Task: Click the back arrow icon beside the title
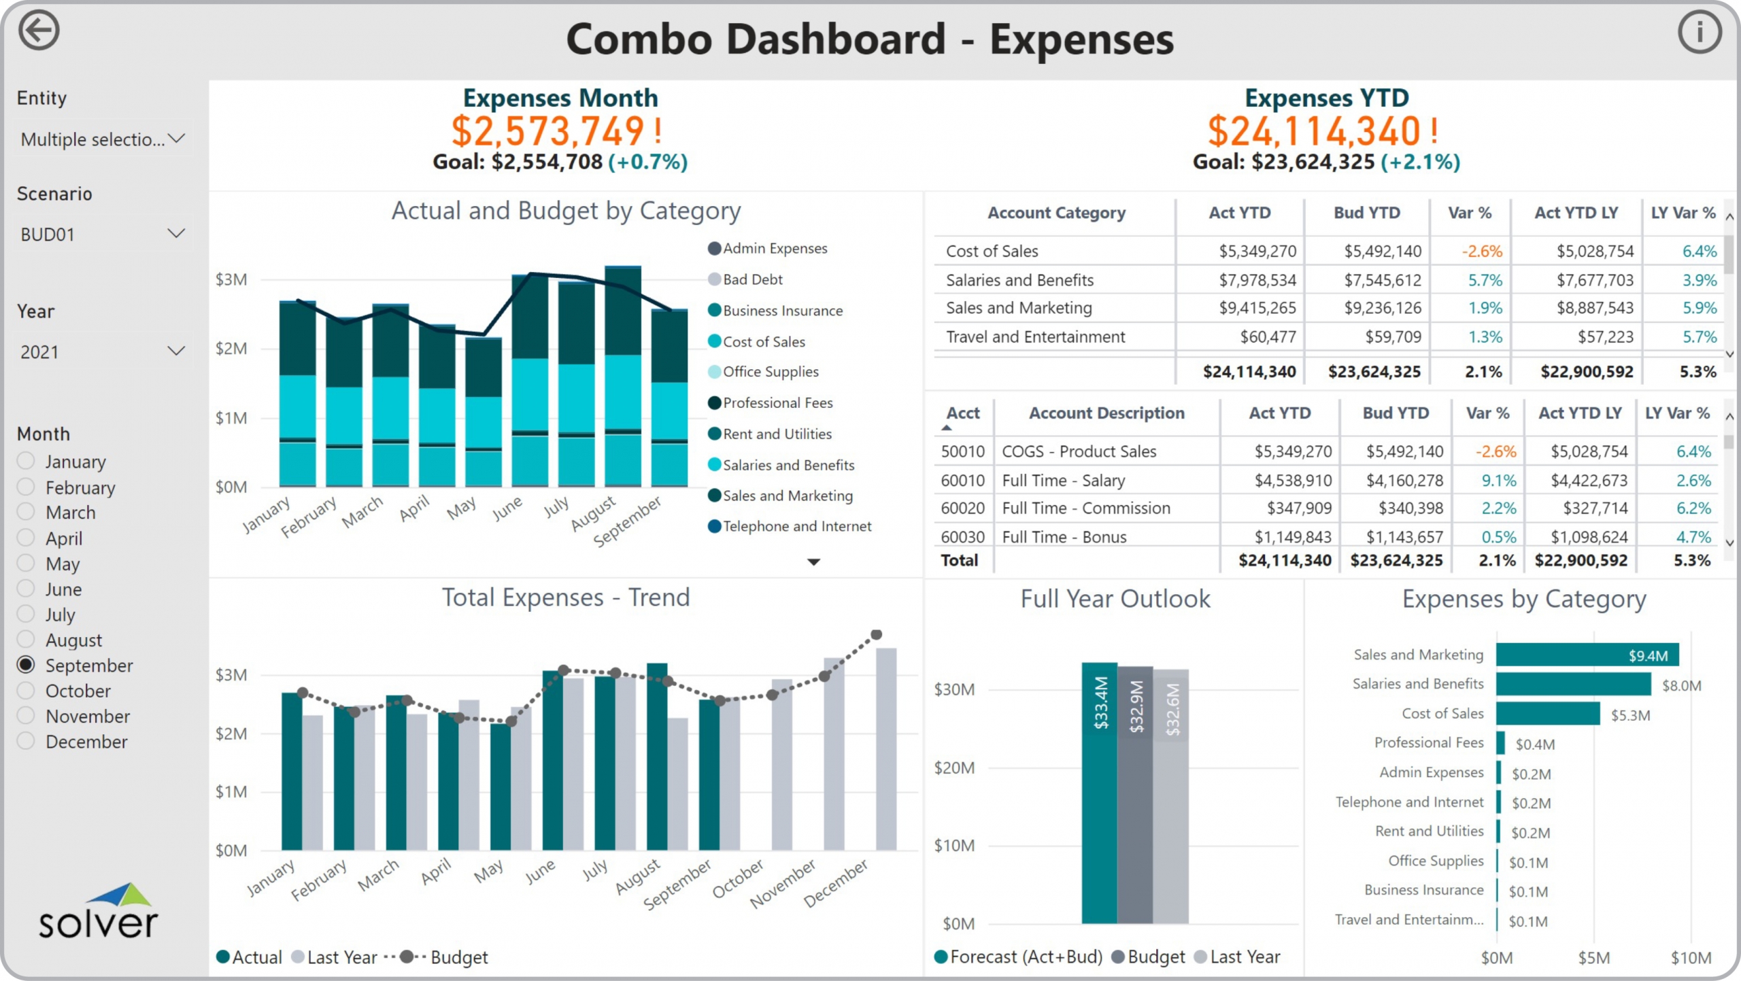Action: coord(39,31)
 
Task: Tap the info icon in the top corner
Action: coord(1699,32)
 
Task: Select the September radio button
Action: coord(26,665)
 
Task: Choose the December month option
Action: coord(26,741)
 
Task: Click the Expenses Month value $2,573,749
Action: coord(548,131)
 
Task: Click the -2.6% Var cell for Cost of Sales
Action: coord(1481,252)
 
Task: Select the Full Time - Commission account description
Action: coord(1086,509)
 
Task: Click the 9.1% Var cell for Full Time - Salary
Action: coord(1498,481)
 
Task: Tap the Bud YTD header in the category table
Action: coord(1366,213)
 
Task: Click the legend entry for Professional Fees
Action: coord(777,403)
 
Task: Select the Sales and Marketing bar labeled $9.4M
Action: coord(1587,655)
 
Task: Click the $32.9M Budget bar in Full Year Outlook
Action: coord(1135,795)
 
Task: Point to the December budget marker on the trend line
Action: coord(877,635)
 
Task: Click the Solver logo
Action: coord(99,912)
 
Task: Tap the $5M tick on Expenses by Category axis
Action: coord(1593,958)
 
